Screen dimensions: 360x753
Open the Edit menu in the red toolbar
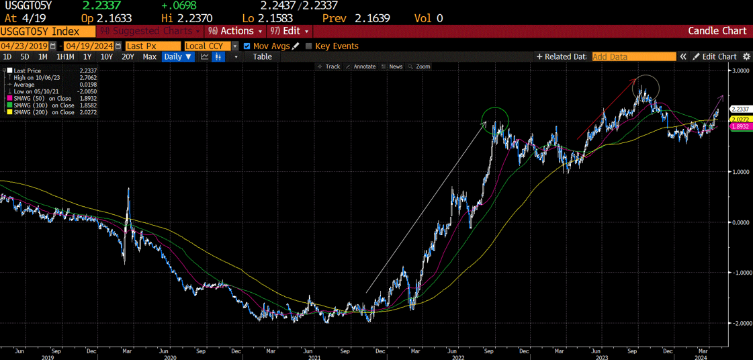coord(290,31)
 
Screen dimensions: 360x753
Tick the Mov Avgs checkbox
coord(247,46)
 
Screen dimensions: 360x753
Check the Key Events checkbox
coord(309,46)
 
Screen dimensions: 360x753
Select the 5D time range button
coord(25,57)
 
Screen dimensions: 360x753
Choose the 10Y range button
coord(107,57)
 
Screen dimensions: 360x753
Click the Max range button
coord(149,57)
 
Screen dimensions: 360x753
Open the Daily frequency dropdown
coord(178,57)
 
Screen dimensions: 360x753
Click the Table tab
coord(262,57)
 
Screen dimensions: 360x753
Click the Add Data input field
coord(633,57)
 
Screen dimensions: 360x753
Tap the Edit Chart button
coord(715,57)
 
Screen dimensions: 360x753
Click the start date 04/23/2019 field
coord(24,46)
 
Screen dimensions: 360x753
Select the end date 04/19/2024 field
coord(89,46)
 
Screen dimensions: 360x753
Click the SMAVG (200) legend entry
coord(40,112)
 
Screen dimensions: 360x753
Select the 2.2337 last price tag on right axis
coord(740,109)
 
